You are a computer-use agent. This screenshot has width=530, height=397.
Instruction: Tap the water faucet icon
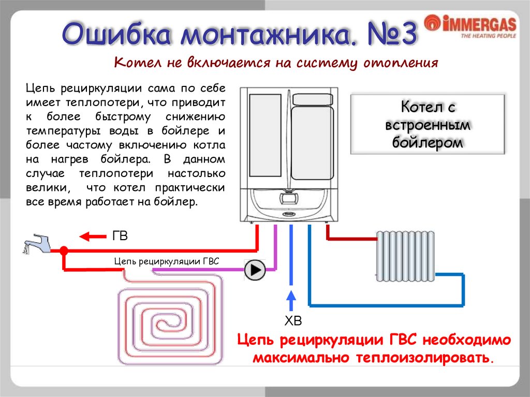click(37, 243)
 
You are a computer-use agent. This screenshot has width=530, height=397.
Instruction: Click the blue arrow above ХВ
click(291, 300)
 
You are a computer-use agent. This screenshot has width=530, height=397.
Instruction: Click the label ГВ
click(120, 236)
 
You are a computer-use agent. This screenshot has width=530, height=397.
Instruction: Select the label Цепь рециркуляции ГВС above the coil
click(167, 262)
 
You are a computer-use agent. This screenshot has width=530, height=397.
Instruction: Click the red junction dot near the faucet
click(64, 251)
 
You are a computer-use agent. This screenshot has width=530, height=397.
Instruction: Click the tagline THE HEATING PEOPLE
click(488, 36)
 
